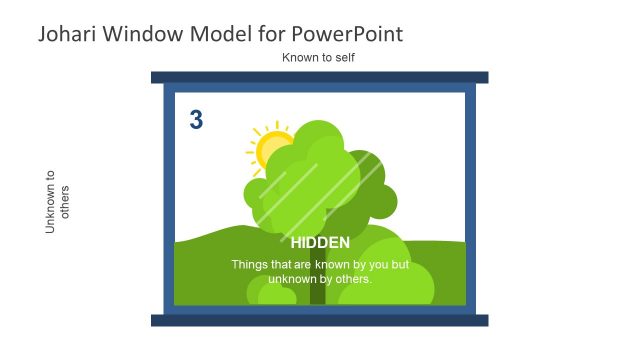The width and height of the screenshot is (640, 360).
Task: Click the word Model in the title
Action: [x=218, y=34]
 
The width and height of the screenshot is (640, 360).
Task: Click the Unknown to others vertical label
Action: [x=58, y=201]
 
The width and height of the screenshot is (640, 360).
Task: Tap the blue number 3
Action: [x=196, y=121]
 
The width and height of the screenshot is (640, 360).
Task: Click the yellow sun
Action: [x=268, y=148]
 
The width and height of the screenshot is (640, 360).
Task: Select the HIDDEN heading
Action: [x=320, y=243]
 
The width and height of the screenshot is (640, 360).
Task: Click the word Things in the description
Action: [x=250, y=265]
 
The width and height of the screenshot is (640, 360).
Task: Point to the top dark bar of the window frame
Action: [x=319, y=77]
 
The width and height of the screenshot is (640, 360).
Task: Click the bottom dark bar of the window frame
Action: [x=319, y=320]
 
